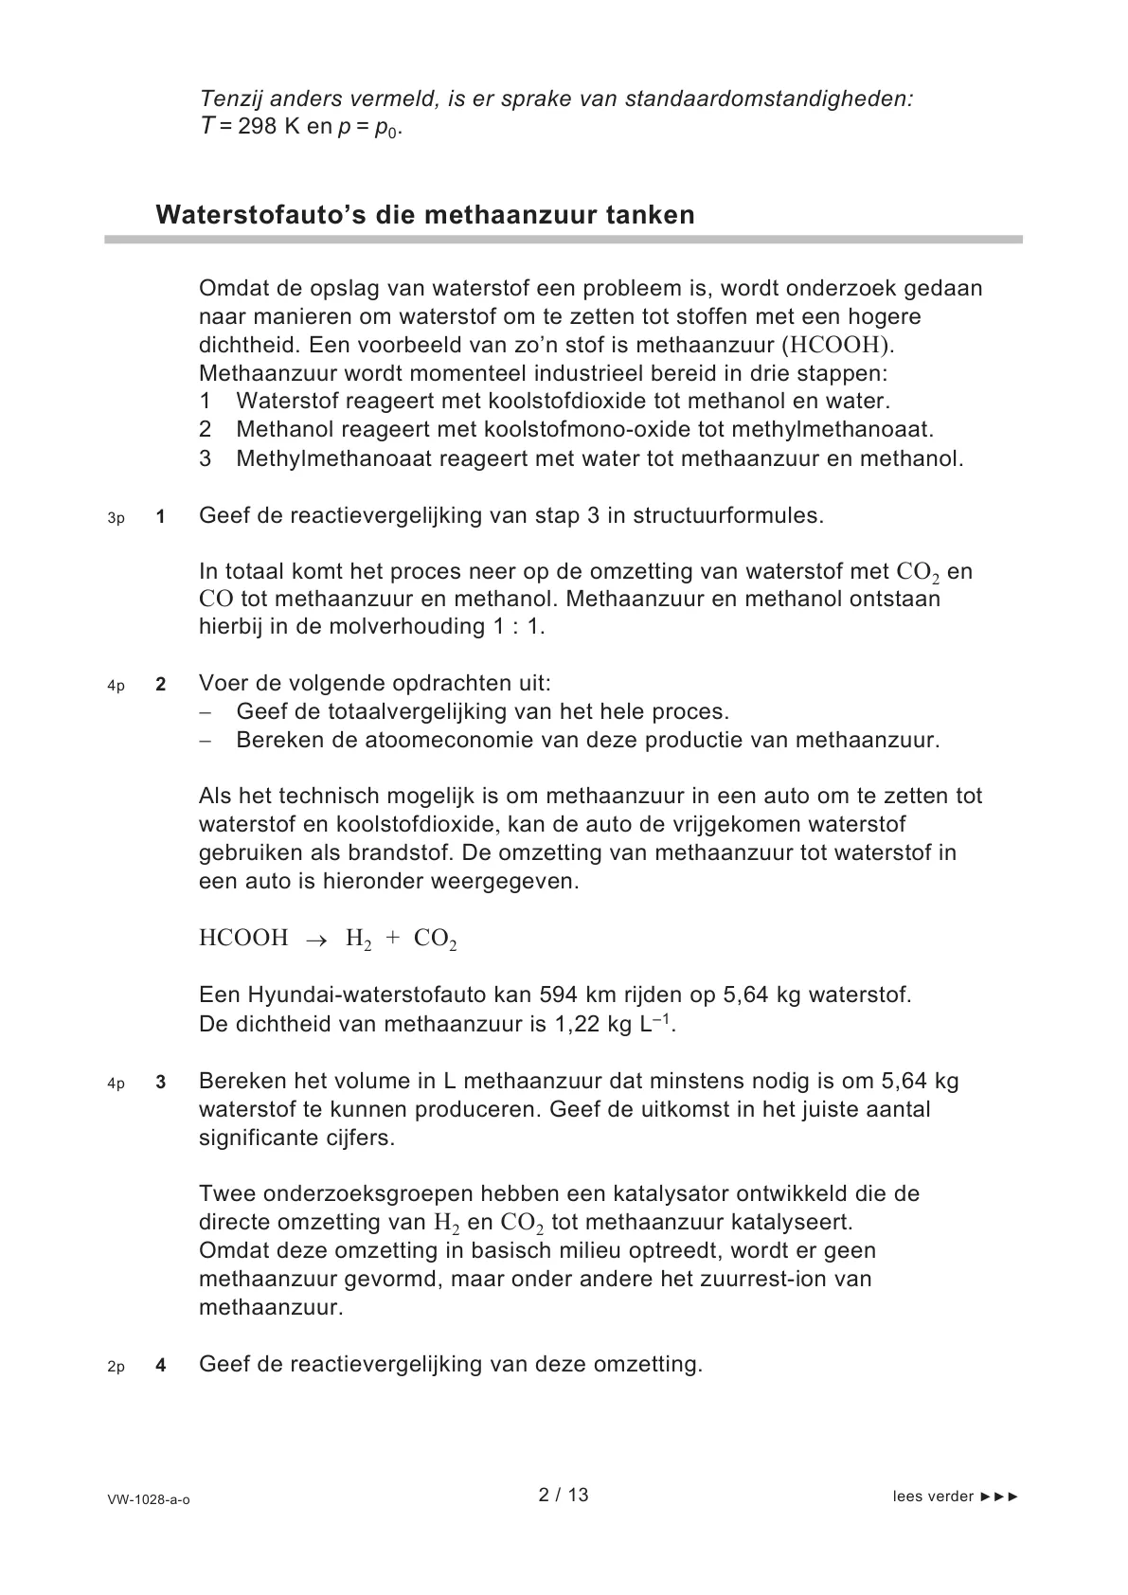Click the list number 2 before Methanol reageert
coord(206,430)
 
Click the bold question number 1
coord(161,517)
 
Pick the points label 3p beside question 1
coord(116,518)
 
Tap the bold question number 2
coord(161,685)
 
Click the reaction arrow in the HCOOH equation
coord(316,940)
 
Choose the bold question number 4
coord(161,1366)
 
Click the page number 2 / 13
coord(564,1496)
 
